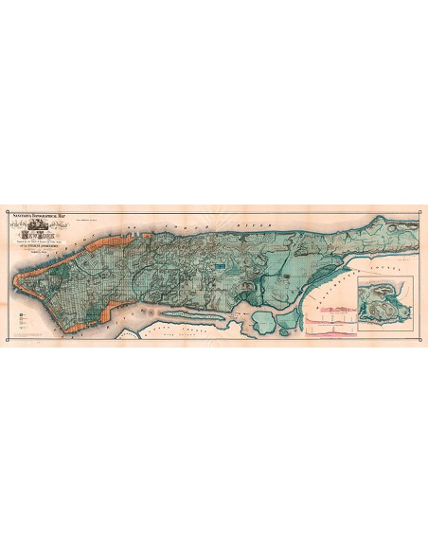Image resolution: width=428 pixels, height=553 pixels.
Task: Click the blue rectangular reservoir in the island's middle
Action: pyautogui.click(x=219, y=269)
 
